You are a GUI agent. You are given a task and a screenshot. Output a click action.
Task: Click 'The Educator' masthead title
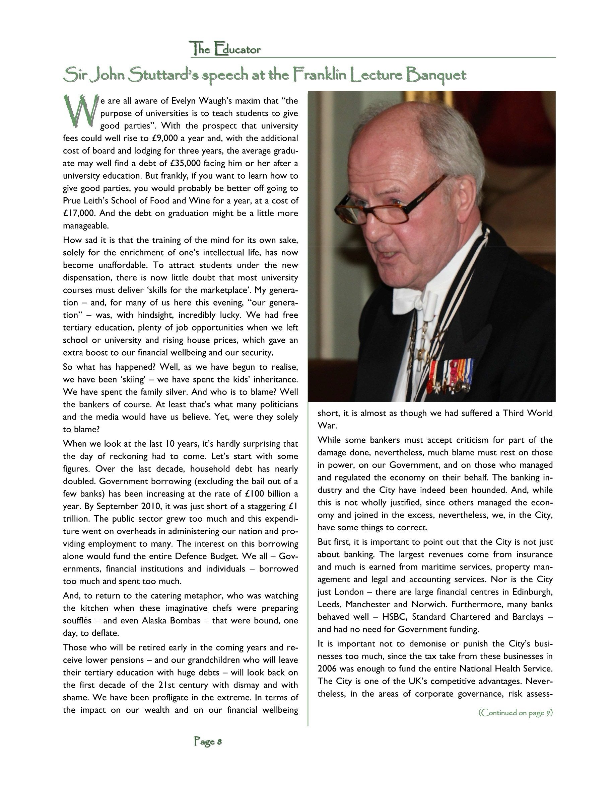tap(225, 49)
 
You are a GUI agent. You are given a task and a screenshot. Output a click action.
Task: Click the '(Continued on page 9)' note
tap(516, 712)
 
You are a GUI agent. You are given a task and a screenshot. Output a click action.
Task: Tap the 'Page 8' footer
tap(208, 741)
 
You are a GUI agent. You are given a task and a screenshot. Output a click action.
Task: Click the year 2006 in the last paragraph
tap(328, 669)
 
